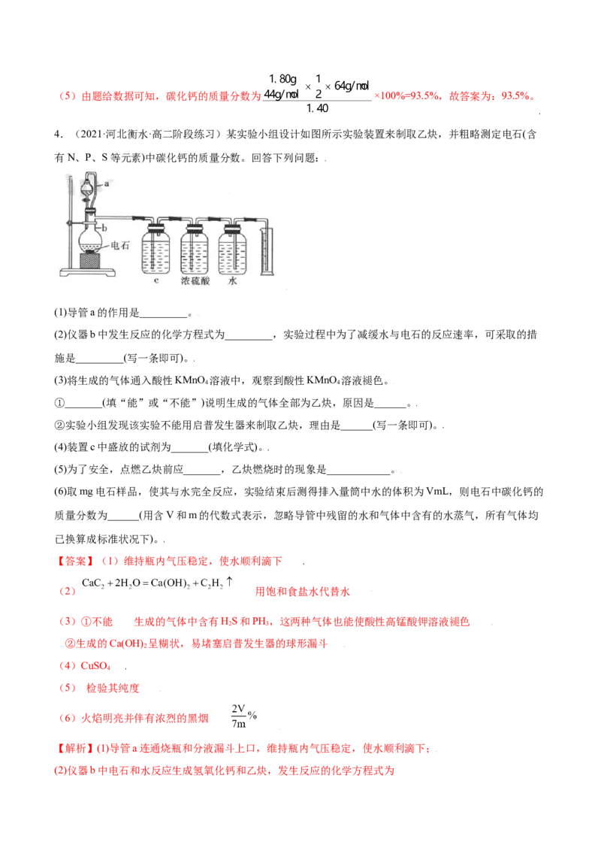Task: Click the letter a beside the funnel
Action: point(107,183)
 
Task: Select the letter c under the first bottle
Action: point(156,281)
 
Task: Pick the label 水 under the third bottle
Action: point(232,281)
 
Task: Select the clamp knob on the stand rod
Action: point(68,223)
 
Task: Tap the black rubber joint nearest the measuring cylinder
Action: point(247,218)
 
